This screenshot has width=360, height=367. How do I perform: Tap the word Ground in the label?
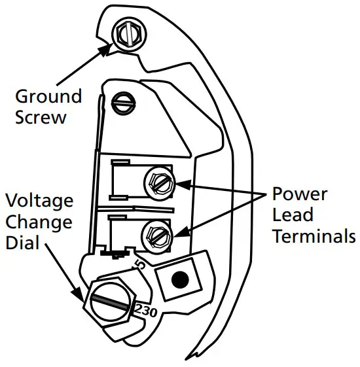(x=49, y=97)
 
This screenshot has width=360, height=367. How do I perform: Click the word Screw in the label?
(x=42, y=118)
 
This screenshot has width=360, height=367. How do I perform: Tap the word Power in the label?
(x=300, y=195)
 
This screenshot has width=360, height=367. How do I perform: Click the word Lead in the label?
(x=293, y=215)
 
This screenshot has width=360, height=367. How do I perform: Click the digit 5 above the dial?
(x=139, y=265)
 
